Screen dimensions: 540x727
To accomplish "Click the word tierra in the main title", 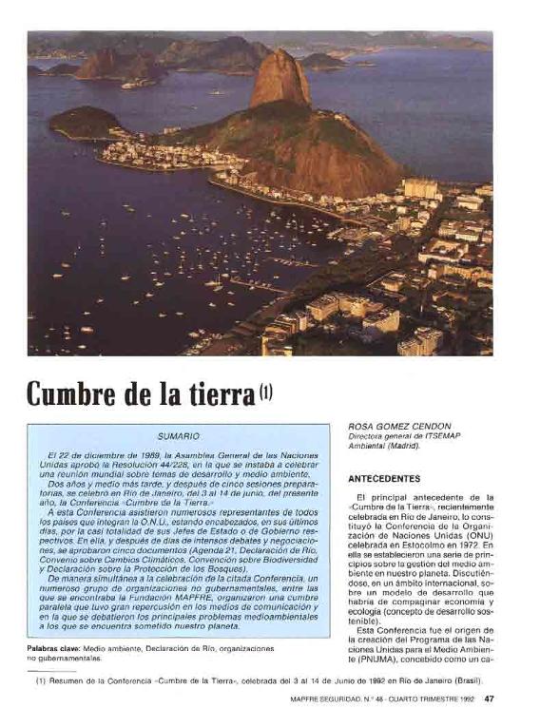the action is (x=217, y=392).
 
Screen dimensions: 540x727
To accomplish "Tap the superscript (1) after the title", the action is (x=265, y=388).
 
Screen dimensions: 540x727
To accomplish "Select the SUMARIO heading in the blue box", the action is (x=178, y=436).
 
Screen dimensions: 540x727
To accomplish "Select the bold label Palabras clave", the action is (x=53, y=648).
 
